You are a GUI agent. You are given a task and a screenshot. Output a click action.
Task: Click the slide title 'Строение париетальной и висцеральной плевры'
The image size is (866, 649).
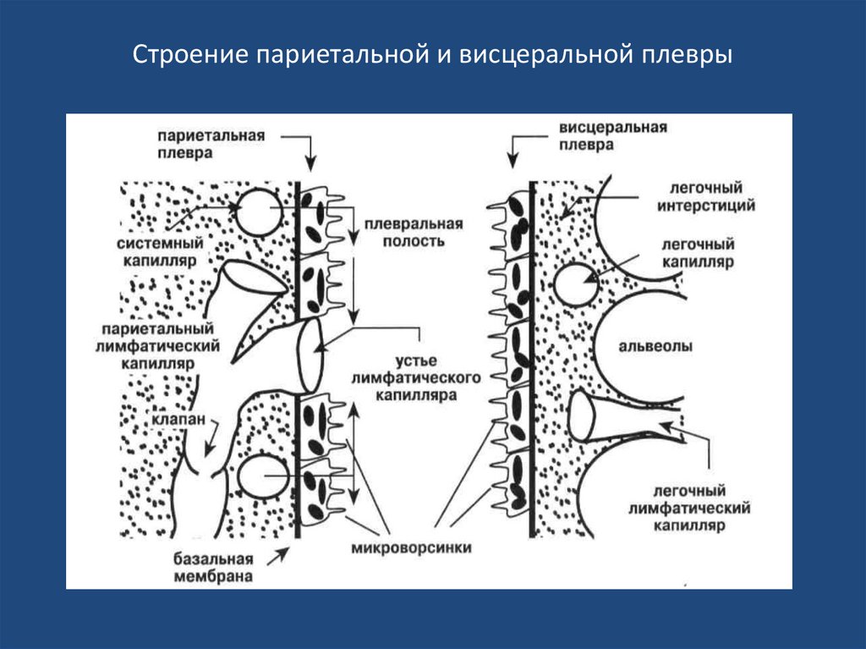432,57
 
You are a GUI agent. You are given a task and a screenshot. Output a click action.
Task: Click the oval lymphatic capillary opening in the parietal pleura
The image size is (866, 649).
310,351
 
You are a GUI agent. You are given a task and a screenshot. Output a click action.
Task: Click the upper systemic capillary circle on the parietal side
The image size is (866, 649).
256,212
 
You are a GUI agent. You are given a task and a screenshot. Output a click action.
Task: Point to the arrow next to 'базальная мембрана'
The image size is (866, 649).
277,554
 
